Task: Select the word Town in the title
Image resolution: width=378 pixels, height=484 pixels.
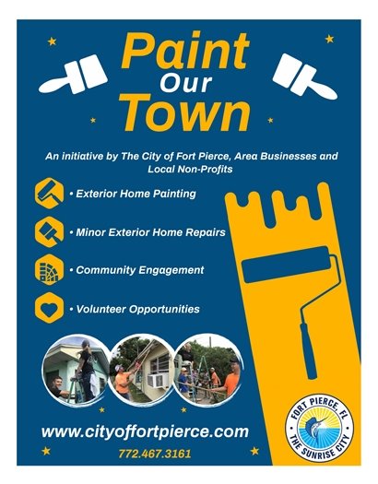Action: click(188, 115)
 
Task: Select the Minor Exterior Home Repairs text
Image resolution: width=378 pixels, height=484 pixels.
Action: click(149, 232)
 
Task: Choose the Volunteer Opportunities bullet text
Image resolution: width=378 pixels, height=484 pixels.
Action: click(136, 309)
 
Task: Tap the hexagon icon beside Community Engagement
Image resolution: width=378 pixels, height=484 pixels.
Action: click(47, 270)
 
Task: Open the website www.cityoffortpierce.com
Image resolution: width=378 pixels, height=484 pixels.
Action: click(145, 431)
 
